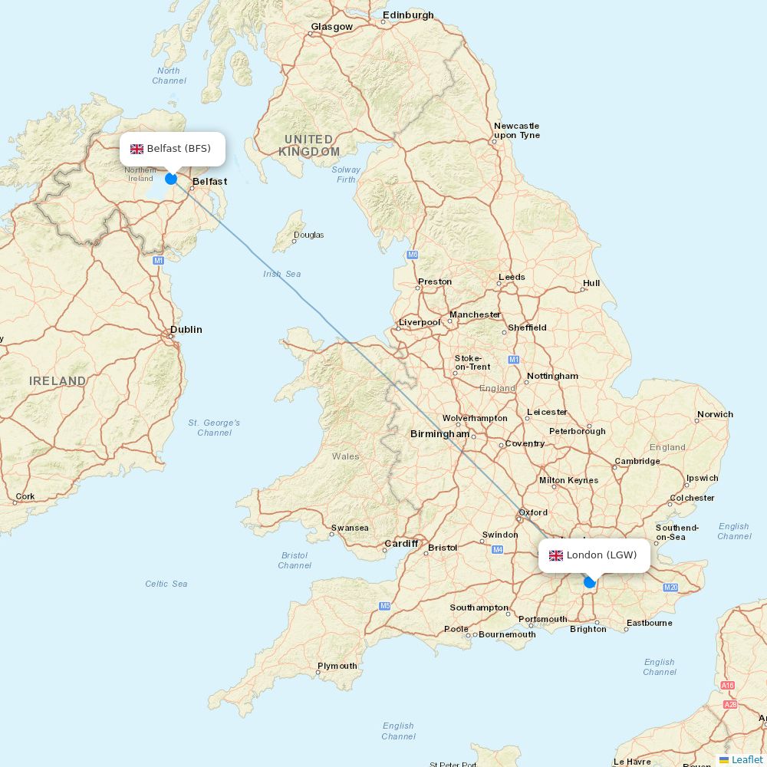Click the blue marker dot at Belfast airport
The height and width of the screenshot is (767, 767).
(x=171, y=179)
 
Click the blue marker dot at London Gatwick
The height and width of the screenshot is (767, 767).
(x=589, y=582)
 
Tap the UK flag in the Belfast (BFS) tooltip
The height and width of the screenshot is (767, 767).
(x=137, y=149)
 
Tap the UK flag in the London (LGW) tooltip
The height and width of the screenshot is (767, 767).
(x=555, y=555)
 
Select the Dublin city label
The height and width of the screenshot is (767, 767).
(x=186, y=330)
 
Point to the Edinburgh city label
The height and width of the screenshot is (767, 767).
(x=408, y=15)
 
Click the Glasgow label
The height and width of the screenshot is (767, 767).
(x=331, y=27)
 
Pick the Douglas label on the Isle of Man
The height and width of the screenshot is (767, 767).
(x=308, y=235)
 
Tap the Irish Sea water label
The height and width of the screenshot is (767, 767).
(x=281, y=274)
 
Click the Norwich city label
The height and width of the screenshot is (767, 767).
(x=715, y=414)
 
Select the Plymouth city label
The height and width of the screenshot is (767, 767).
(x=337, y=666)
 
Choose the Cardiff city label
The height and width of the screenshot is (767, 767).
(x=401, y=544)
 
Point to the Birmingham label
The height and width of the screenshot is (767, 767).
(x=439, y=434)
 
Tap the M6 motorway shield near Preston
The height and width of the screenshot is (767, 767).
(x=413, y=254)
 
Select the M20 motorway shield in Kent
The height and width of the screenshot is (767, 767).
(x=670, y=588)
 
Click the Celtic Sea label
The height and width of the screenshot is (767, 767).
(x=166, y=584)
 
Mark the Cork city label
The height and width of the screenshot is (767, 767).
(x=25, y=496)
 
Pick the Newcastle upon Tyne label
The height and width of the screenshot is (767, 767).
(x=516, y=130)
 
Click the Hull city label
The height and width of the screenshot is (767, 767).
(x=591, y=283)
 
